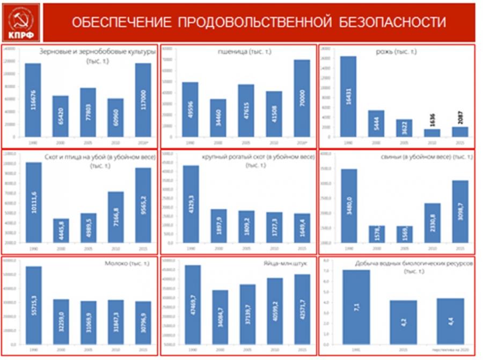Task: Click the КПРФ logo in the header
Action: (x=21, y=23)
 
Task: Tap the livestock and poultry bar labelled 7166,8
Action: (x=115, y=217)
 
